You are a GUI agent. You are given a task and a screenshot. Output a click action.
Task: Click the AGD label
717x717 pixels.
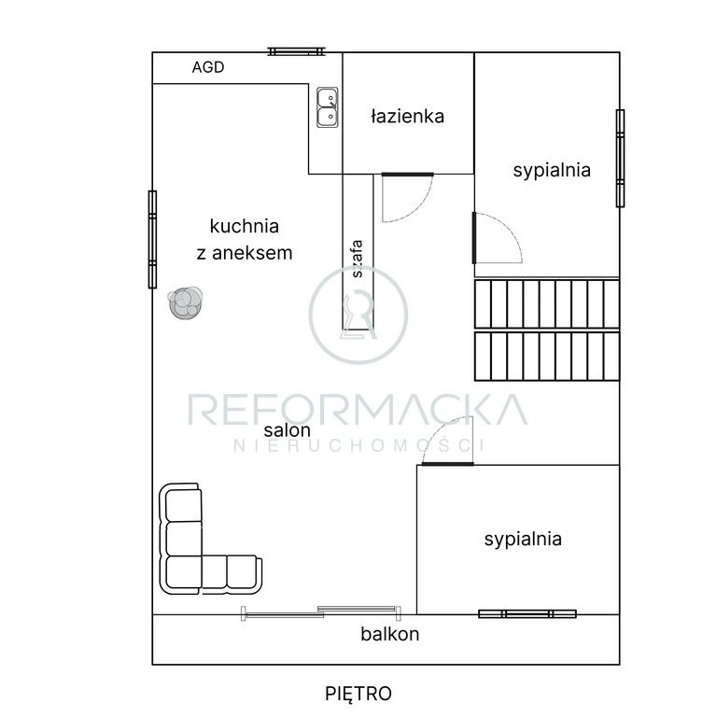(x=208, y=67)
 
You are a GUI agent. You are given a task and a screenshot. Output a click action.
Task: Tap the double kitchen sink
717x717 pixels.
(x=328, y=107)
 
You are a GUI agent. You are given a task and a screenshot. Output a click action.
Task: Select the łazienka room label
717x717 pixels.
(x=407, y=117)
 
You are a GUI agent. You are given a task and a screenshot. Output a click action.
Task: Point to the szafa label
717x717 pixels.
(x=358, y=259)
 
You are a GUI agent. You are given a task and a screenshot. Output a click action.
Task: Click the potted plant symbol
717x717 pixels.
(x=185, y=302)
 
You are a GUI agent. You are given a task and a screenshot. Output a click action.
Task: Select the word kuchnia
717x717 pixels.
(x=245, y=226)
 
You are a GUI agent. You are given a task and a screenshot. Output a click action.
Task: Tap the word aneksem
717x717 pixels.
(x=252, y=253)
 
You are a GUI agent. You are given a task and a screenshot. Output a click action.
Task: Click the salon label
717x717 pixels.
(x=288, y=430)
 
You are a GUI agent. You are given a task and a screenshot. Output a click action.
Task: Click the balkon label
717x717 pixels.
(x=390, y=634)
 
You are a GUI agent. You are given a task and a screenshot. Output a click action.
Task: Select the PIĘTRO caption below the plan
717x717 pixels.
(x=358, y=694)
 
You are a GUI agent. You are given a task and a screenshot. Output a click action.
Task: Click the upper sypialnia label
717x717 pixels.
(x=552, y=171)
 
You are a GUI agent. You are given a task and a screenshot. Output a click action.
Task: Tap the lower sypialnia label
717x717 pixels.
(x=523, y=539)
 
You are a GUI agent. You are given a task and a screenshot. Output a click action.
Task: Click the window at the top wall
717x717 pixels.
(x=296, y=51)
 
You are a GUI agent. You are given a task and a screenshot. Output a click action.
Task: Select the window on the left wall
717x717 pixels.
(x=153, y=240)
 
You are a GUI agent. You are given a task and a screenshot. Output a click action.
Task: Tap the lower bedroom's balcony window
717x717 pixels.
(x=527, y=614)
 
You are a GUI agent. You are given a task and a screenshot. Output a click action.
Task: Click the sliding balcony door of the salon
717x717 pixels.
(x=321, y=612)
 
